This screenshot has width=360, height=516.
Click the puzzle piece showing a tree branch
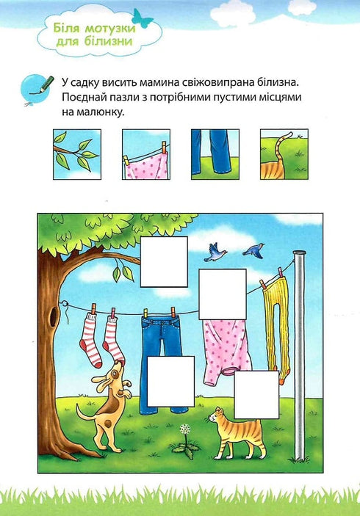pos(76,154)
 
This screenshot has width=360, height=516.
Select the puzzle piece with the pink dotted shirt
pos(145,154)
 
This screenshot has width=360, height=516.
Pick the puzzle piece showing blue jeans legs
pos(215,154)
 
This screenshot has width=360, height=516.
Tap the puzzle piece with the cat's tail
pos(284,154)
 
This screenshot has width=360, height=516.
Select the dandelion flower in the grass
pos(184,434)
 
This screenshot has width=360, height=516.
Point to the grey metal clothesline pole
pos(299,352)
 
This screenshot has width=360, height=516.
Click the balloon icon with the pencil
pos(32,85)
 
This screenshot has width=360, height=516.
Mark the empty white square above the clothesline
pos(164,261)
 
